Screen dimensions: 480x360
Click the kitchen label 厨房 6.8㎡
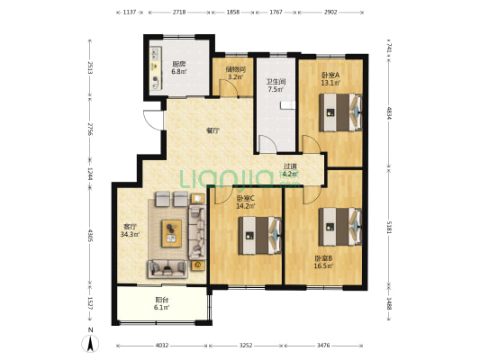pos(179,67)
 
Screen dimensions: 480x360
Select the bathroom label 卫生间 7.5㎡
pos(276,85)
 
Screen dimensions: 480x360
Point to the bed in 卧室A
pos(340,112)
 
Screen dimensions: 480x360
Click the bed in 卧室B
pos(340,227)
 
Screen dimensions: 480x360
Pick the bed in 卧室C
pos(260,236)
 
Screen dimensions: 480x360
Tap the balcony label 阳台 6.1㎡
pos(162,303)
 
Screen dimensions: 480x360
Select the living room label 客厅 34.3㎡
pos(130,230)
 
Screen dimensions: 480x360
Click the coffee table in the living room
pos(172,233)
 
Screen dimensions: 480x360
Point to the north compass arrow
pos(90,343)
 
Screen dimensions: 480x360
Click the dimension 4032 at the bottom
pos(162,346)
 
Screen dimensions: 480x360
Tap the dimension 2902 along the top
pos(331,13)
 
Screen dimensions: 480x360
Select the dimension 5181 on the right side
pos(389,228)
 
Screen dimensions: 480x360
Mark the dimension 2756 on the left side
pos(90,130)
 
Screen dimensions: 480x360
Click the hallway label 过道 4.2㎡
pos(290,170)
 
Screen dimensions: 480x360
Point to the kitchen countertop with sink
pos(156,68)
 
